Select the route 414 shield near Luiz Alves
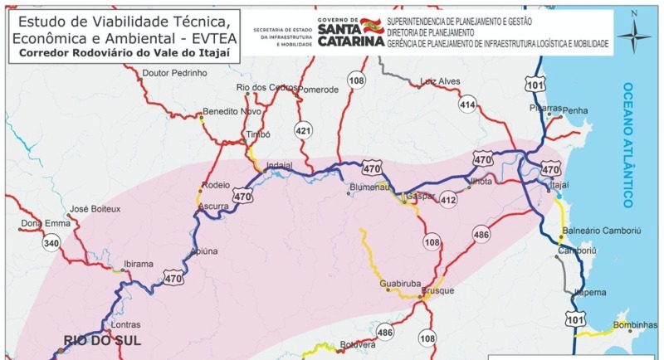467,105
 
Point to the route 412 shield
449,199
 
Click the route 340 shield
51,243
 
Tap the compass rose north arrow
637,33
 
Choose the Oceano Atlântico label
628,145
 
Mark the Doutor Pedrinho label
175,73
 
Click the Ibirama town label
139,264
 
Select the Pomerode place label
320,89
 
